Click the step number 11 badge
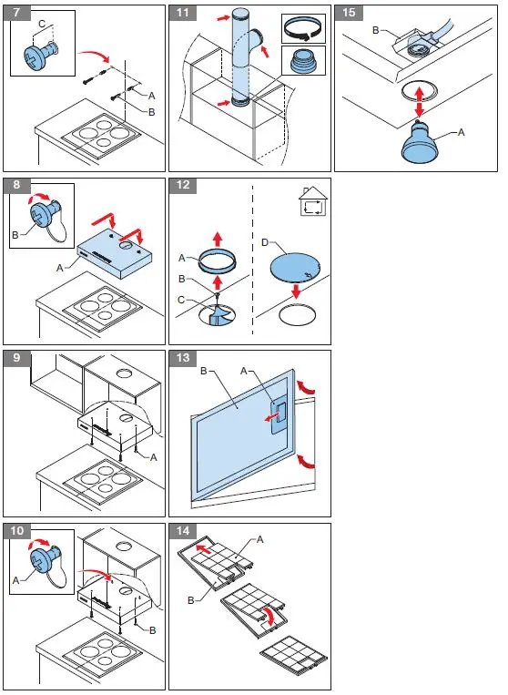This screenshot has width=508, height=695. tap(183, 13)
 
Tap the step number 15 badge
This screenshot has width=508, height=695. tap(349, 13)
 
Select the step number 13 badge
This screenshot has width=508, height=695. tap(183, 359)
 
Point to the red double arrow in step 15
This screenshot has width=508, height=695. tap(420, 98)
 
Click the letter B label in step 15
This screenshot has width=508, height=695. tap(376, 30)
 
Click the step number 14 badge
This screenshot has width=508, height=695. tap(183, 532)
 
